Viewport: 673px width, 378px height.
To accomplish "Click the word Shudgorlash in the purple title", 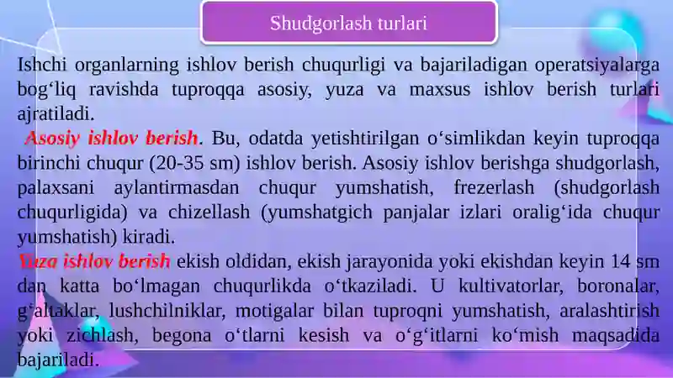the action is point(321,24).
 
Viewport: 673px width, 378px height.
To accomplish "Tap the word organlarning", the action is point(127,66).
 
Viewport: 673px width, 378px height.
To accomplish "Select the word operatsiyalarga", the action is point(597,66).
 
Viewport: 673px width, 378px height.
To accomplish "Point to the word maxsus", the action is point(440,90).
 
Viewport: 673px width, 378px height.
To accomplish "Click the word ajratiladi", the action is point(56,114).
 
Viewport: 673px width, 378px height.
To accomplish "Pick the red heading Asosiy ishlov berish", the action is point(112,139).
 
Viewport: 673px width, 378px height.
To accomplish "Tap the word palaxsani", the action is point(56,188).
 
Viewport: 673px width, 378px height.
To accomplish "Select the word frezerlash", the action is point(494,187).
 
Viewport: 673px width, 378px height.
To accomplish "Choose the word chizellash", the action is point(209,212).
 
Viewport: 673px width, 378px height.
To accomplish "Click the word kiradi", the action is point(149,237).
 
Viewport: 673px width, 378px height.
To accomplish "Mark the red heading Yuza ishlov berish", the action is point(94,261).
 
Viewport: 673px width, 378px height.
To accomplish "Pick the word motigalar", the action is point(274,310).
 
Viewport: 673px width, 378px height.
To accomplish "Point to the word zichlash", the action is point(102,334).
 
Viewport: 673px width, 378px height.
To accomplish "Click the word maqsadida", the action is point(616,335).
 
